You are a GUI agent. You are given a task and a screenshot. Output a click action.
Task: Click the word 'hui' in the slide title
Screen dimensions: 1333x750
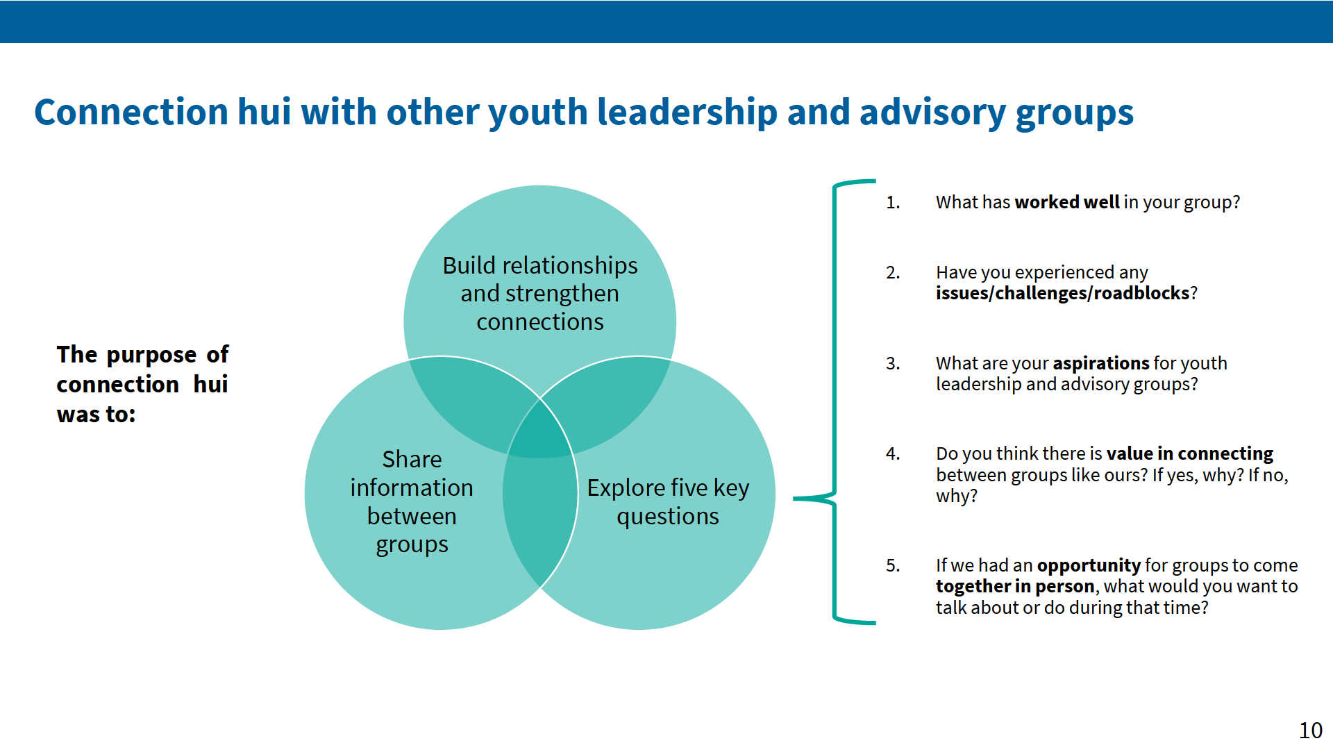[264, 112]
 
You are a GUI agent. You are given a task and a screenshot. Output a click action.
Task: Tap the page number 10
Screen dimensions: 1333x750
[1311, 731]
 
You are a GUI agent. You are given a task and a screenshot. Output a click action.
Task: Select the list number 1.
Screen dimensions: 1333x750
[893, 203]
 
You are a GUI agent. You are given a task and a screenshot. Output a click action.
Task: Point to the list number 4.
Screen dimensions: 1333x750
[893, 454]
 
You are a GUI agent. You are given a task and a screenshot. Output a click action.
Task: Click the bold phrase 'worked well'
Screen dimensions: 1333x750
[1067, 202]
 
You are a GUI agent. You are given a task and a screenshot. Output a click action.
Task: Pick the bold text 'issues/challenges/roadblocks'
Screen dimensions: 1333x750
[1063, 293]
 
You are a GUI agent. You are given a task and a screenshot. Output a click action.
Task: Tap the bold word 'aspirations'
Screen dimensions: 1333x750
[1101, 363]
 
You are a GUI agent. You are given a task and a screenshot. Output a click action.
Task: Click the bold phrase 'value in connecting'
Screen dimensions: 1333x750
[1190, 453]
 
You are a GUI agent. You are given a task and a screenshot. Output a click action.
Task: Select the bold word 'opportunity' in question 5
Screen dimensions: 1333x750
[1089, 565]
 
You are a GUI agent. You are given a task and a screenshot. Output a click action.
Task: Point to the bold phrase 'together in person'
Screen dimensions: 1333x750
[1016, 586]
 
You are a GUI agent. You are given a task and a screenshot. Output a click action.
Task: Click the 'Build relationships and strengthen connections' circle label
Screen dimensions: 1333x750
[540, 293]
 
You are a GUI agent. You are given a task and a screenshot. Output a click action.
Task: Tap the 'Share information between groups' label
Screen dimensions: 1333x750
[412, 501]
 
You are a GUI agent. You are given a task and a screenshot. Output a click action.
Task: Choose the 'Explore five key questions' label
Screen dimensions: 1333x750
[668, 501]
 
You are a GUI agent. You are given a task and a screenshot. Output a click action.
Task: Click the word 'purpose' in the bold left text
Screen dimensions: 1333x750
[151, 355]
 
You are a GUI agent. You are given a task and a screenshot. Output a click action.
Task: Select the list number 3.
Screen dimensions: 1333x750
[893, 364]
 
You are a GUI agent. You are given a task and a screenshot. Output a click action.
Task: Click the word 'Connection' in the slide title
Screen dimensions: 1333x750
[131, 112]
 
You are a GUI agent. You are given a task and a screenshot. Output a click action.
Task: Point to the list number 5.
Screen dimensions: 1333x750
[893, 566]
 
